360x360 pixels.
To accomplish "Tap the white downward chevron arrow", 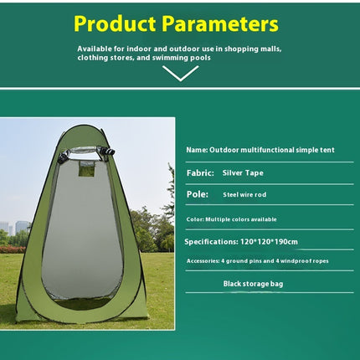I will coord(180,73).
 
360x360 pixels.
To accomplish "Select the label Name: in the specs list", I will coord(197,150).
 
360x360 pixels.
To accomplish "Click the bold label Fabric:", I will coord(200,172).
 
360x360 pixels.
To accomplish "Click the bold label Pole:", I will coord(197,194).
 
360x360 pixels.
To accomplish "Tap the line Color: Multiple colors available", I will coord(230,219).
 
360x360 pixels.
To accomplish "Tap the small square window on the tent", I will coord(86,168).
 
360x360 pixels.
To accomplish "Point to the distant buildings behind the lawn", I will coord(16,227).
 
